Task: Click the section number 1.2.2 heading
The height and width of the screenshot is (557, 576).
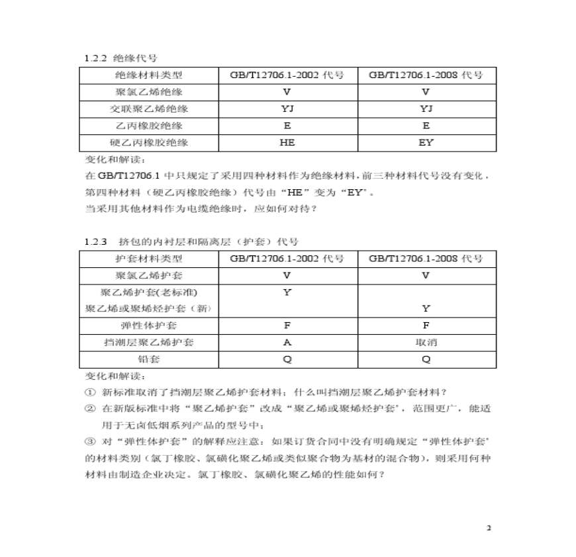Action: (96, 59)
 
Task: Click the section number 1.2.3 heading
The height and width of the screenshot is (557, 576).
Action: (96, 242)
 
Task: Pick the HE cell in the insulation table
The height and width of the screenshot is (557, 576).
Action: (287, 142)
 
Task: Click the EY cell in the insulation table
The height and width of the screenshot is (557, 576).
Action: (426, 142)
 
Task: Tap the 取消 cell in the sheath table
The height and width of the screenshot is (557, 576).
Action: (426, 343)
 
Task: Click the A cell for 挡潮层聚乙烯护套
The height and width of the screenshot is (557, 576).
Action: (287, 343)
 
